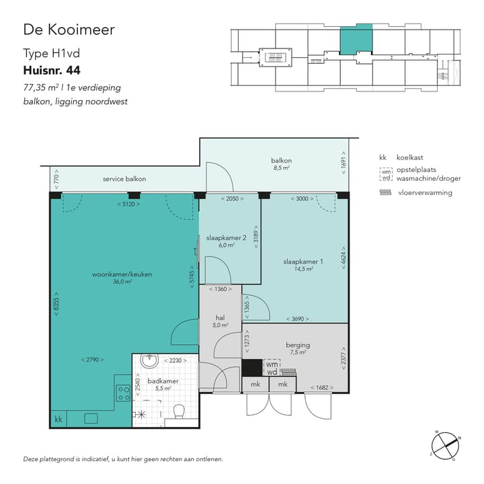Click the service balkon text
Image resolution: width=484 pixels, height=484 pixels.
point(124,179)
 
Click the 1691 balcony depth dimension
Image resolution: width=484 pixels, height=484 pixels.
point(344,165)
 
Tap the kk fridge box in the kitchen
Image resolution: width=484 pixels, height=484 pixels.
point(58,419)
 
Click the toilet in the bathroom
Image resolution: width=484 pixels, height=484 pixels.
point(179,411)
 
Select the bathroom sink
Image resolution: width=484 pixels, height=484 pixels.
point(149,362)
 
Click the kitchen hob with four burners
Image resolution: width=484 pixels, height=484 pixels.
point(123,393)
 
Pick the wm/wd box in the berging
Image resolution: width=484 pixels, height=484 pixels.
point(271,368)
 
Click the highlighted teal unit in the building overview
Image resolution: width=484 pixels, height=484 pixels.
point(355,40)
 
